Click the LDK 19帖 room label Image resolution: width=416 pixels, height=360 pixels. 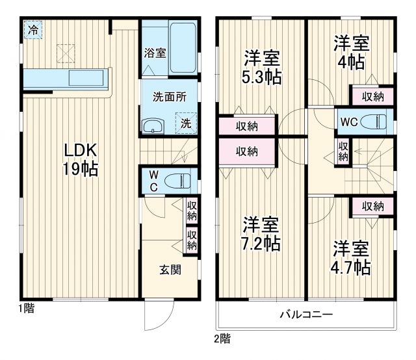(x=81, y=159)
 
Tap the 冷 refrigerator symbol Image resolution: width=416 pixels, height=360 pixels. (x=32, y=30)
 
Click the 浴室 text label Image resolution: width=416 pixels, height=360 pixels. (x=155, y=53)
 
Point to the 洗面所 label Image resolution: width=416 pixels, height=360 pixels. (x=169, y=97)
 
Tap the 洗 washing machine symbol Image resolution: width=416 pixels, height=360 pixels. (x=186, y=122)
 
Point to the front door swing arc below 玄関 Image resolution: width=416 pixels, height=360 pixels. (x=156, y=318)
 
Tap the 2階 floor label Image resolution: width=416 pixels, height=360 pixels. (x=222, y=339)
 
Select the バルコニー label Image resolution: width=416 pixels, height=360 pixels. (x=306, y=315)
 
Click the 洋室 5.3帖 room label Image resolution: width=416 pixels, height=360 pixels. (x=263, y=67)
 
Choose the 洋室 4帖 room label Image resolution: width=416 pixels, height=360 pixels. (x=352, y=53)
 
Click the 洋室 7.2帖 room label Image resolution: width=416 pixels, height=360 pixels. (x=262, y=235)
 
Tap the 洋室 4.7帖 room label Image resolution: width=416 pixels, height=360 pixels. (x=352, y=257)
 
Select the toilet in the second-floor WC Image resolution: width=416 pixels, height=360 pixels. (x=374, y=121)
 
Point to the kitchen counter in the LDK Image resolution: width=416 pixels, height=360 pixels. (x=65, y=78)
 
